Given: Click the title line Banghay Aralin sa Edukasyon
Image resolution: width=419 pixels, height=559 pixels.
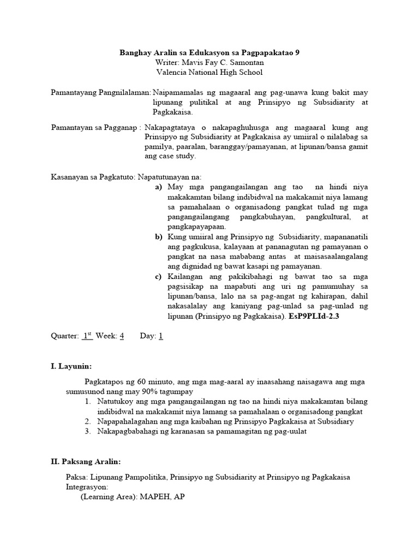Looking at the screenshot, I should click(209, 53).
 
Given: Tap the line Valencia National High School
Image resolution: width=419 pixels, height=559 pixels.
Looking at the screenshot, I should click(209, 72).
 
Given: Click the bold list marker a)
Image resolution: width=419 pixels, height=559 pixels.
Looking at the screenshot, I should click(159, 187).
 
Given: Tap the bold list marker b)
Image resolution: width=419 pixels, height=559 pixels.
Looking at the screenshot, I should click(159, 237).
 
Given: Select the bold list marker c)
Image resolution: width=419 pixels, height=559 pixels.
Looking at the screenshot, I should click(159, 277).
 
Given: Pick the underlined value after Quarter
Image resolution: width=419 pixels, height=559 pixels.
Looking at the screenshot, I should click(87, 336).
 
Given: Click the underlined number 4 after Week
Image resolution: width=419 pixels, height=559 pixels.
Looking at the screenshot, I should click(122, 336).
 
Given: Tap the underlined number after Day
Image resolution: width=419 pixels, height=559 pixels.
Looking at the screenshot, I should click(161, 336).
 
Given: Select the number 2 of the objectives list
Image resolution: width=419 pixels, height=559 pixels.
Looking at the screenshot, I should click(88, 421).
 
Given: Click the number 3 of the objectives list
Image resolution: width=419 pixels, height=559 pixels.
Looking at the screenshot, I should click(88, 431).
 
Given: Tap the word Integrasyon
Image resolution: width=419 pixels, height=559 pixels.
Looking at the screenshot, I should click(87, 487).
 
